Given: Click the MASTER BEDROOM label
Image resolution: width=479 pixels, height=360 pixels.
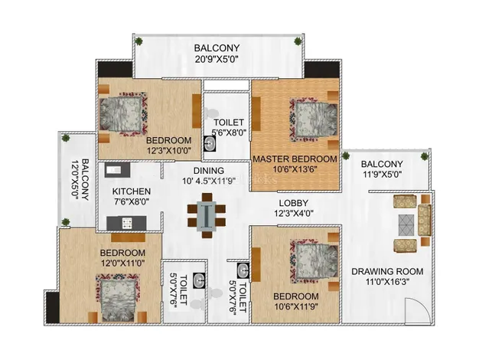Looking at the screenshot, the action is (x=295, y=159).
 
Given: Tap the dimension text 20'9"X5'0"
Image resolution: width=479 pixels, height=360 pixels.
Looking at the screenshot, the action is (x=217, y=58).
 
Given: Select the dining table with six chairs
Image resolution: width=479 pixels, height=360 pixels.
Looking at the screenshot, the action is (x=207, y=215).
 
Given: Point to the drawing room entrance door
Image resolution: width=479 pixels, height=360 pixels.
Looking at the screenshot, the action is (x=417, y=311).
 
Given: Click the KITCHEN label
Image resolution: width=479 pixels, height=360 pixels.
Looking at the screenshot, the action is (x=132, y=191).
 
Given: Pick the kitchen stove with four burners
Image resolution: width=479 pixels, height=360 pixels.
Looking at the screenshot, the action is (x=127, y=223).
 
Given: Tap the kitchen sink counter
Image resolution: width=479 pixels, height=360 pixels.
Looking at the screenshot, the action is (x=117, y=170).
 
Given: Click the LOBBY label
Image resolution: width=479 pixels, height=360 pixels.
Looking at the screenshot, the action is (x=293, y=203).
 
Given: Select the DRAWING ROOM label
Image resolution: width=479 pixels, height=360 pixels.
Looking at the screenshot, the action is (x=387, y=271).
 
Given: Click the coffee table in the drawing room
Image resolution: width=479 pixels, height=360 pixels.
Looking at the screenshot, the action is (x=406, y=225).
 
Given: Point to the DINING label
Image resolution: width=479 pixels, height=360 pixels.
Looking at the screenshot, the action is (x=209, y=170).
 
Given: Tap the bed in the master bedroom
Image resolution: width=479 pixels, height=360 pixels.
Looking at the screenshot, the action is (x=314, y=119).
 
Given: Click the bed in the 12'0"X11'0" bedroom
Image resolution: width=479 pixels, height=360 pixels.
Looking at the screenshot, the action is (x=118, y=298).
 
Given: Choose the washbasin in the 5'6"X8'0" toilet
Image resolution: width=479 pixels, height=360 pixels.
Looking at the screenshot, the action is (x=210, y=143).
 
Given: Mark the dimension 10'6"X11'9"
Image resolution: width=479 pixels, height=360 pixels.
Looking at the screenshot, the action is (x=295, y=306).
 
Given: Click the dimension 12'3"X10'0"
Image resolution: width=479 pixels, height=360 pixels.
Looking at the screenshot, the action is (x=169, y=150).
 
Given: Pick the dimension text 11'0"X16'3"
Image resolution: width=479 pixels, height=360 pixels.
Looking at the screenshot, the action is (x=387, y=281).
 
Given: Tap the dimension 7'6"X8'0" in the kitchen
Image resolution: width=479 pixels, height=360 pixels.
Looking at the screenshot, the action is (x=132, y=201).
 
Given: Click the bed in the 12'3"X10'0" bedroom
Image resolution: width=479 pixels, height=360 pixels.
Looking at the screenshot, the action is (x=123, y=114).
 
